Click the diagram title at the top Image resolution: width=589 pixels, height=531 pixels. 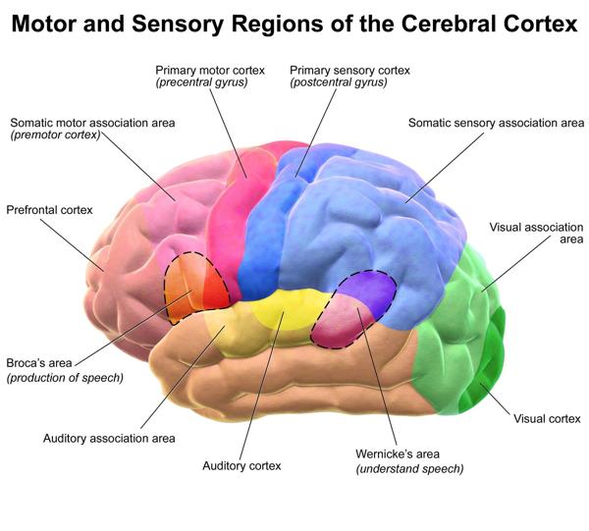pyautogui.click(x=294, y=25)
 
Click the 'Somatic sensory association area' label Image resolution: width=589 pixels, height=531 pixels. pyautogui.click(x=496, y=123)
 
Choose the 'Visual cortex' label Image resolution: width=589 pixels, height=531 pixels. pyautogui.click(x=548, y=419)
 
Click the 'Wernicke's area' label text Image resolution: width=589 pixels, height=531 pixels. pyautogui.click(x=398, y=454)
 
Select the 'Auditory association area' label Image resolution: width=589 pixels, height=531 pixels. pyautogui.click(x=110, y=438)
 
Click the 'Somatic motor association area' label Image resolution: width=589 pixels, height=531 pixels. pyautogui.click(x=93, y=123)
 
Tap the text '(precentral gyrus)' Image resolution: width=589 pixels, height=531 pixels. pyautogui.click(x=201, y=82)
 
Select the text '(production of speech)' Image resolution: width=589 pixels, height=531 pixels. pyautogui.click(x=65, y=377)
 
